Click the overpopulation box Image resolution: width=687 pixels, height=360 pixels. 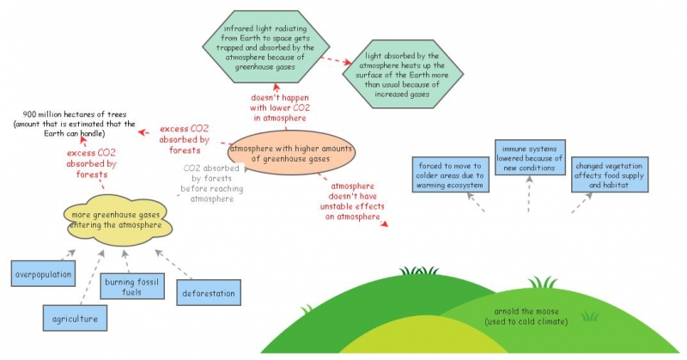pos(41,274)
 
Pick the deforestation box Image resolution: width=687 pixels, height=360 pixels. pos(208,293)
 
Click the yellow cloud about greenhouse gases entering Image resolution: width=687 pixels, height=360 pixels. pos(115,220)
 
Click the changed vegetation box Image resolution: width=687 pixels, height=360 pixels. pos(608,174)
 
